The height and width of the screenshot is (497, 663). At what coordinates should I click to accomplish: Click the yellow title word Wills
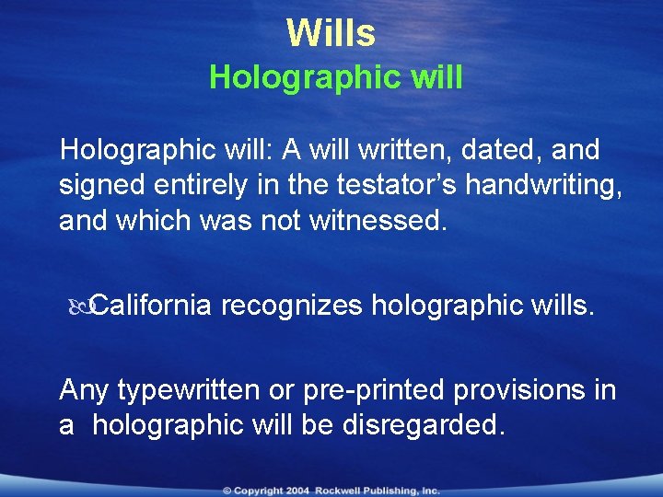tap(331, 33)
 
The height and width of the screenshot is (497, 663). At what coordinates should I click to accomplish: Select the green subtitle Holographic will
tap(335, 78)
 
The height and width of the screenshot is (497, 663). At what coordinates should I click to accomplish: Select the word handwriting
tap(542, 186)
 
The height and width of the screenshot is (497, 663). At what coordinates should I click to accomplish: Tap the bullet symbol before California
tap(78, 305)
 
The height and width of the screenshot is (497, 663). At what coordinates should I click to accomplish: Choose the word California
tap(152, 305)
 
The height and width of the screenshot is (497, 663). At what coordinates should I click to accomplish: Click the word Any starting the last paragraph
tap(85, 390)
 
